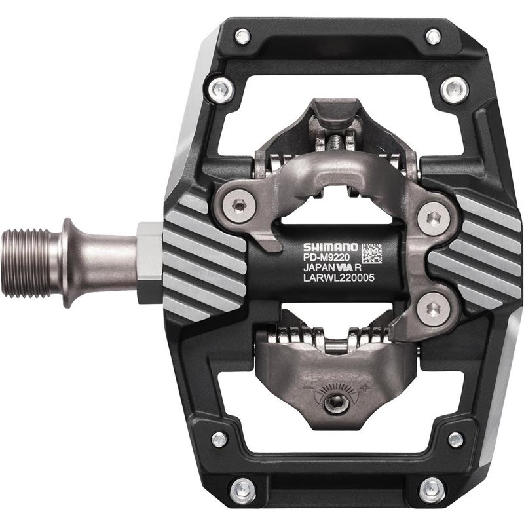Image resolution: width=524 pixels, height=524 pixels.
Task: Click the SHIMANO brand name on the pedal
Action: pyautogui.click(x=330, y=248)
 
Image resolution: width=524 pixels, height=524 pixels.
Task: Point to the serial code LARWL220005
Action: pyautogui.click(x=339, y=278)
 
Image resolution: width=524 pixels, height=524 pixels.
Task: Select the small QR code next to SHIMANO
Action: pyautogui.click(x=372, y=253)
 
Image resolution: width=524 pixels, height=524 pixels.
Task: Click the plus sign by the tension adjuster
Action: pyautogui.click(x=365, y=388)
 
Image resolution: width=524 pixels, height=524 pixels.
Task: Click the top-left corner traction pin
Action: pyautogui.click(x=242, y=36)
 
